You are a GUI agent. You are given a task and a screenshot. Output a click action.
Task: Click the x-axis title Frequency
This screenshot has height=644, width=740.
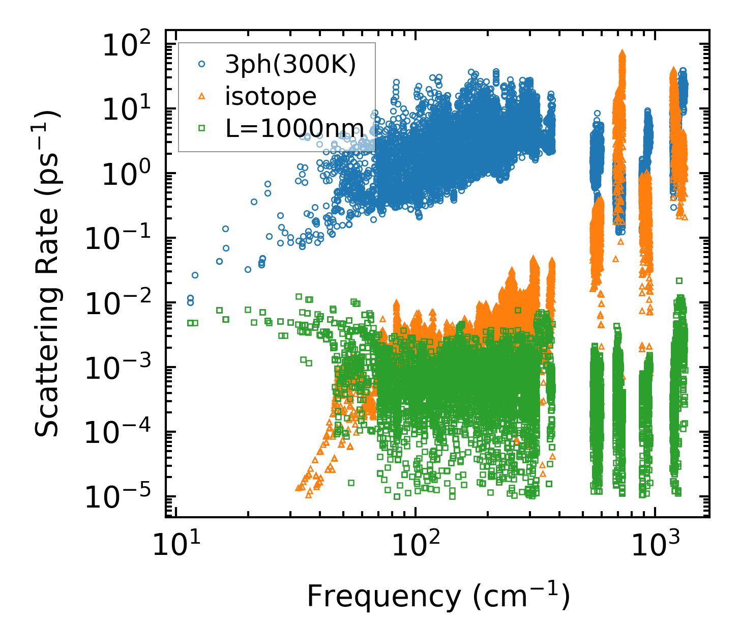point(438,597)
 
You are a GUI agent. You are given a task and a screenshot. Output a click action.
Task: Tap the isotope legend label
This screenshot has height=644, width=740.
point(271,96)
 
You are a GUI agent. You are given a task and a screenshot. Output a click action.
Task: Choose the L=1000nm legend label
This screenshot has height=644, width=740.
point(295,127)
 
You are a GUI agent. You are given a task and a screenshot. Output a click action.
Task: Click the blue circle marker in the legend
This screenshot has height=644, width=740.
point(202,65)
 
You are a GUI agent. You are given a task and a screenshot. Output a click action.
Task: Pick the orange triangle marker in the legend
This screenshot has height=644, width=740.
point(202,96)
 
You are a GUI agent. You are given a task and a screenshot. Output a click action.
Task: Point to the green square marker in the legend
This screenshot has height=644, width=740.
point(202,127)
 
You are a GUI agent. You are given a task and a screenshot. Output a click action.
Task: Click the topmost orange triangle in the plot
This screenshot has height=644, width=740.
point(622,53)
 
